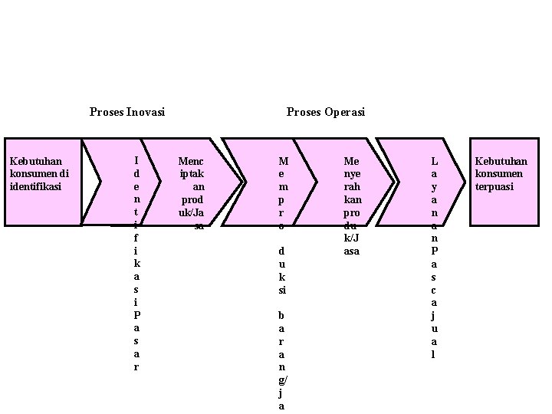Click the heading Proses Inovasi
[x=127, y=113]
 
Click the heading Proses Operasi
[x=326, y=113]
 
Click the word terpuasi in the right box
[x=495, y=186]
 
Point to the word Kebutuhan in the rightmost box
[x=501, y=161]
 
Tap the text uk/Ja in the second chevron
[x=192, y=212]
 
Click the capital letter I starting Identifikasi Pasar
[x=136, y=161]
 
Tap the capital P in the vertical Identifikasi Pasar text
[x=136, y=315]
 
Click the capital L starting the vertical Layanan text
[x=435, y=161]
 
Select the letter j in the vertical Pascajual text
[x=435, y=315]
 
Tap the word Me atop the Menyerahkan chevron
[x=352, y=161]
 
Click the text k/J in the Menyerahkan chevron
[x=352, y=238]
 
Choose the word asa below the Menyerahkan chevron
[x=352, y=251]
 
